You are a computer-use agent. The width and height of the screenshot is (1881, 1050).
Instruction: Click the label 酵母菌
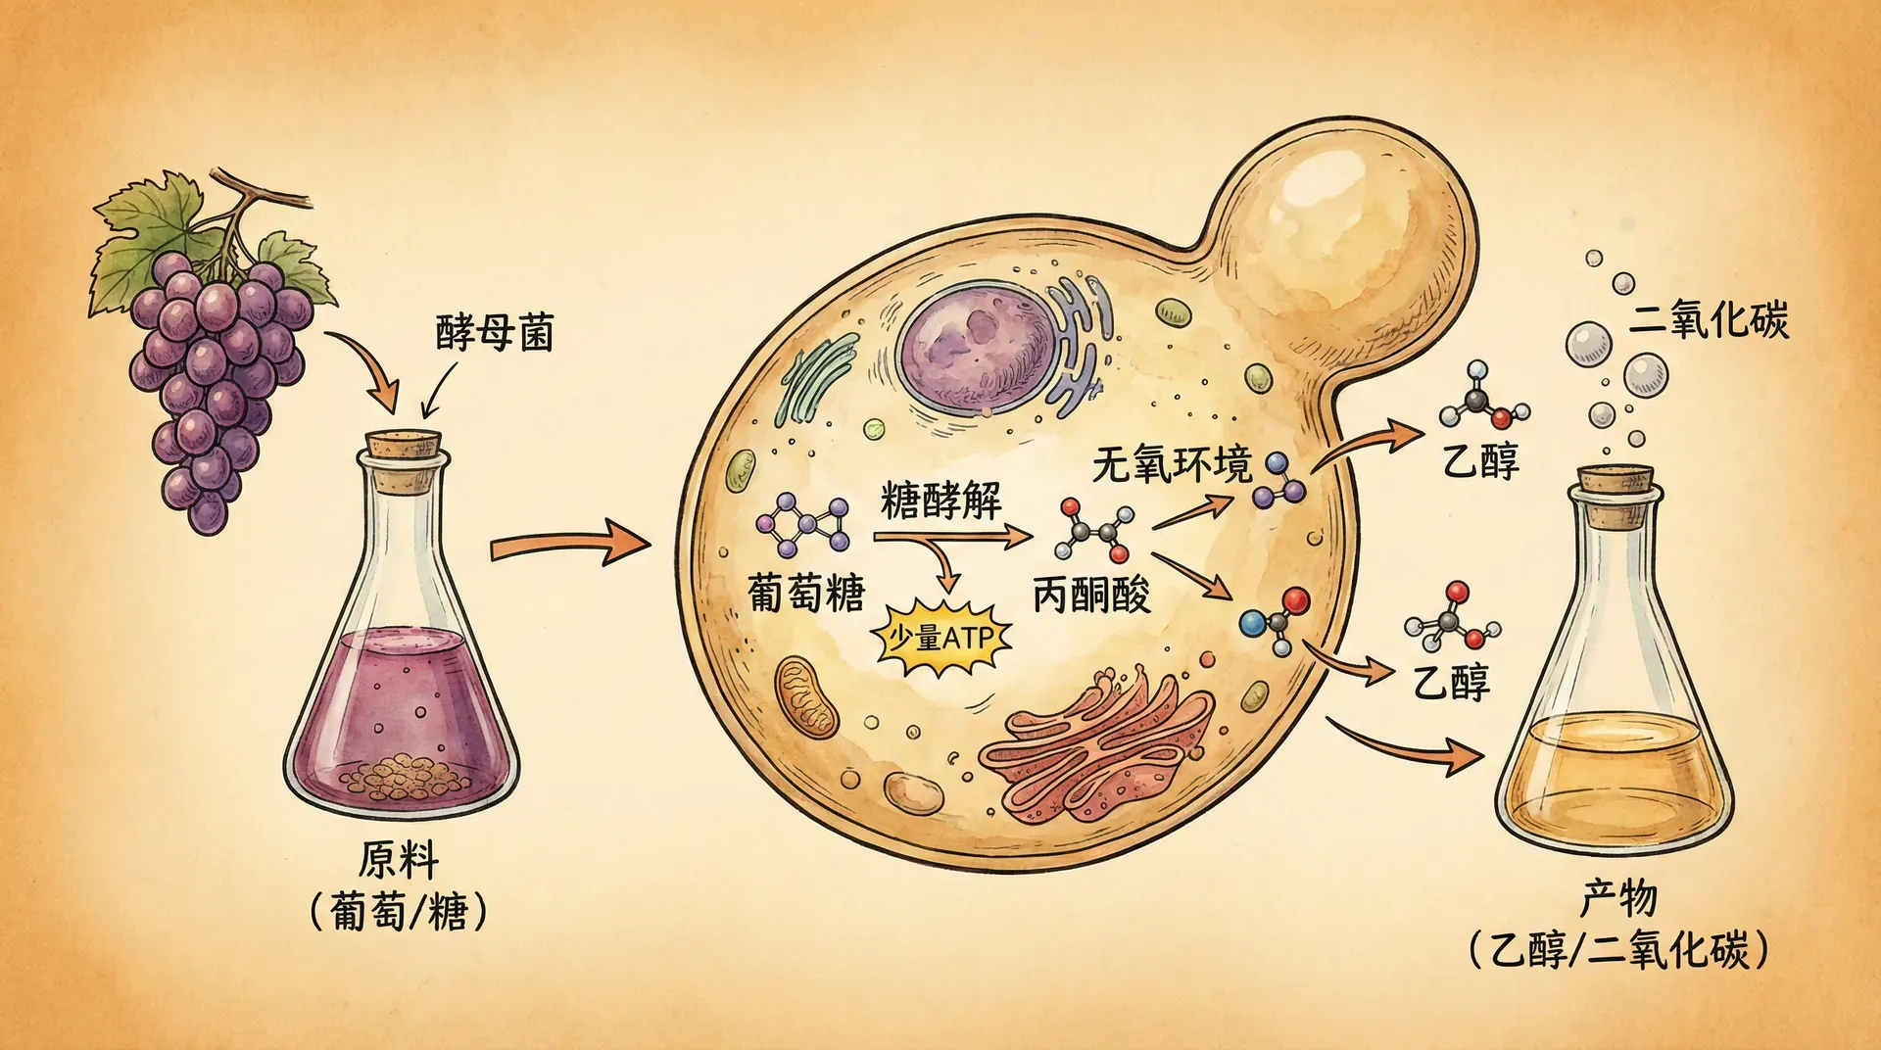click(495, 333)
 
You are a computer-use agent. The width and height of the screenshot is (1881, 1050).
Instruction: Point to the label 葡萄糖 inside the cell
click(805, 593)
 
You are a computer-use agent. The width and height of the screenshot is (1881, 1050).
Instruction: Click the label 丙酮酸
click(1091, 595)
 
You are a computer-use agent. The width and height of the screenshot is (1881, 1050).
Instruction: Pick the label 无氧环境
click(1172, 463)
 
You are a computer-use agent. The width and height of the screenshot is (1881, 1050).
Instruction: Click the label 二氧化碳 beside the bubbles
click(1709, 320)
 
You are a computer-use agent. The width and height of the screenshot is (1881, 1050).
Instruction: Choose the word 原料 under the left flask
click(398, 861)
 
